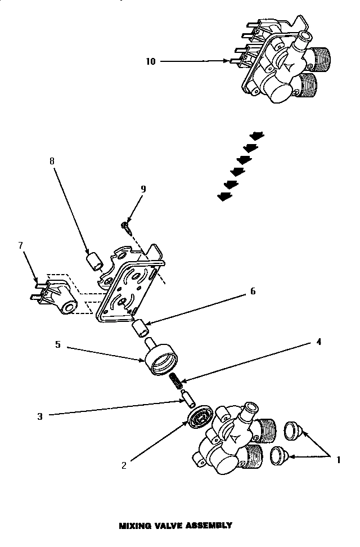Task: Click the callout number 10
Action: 151,61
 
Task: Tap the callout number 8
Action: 52,161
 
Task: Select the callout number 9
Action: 143,189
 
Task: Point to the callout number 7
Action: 21,245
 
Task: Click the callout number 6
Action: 253,291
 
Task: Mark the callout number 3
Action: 40,416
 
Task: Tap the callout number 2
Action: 124,465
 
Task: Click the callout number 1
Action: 338,459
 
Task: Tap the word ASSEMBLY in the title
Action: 209,526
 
